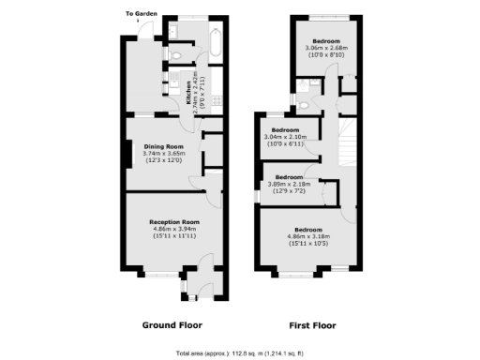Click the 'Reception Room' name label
point(172,221)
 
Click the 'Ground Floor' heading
point(172,325)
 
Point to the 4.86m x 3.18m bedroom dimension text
point(308,236)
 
